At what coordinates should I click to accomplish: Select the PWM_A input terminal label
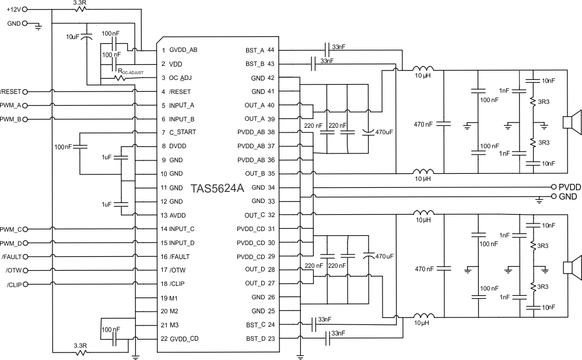(10, 106)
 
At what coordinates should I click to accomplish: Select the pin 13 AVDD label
(176, 215)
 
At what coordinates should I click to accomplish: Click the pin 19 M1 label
(170, 298)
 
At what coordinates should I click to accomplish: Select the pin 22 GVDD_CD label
(179, 339)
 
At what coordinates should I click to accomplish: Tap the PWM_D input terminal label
(10, 243)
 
